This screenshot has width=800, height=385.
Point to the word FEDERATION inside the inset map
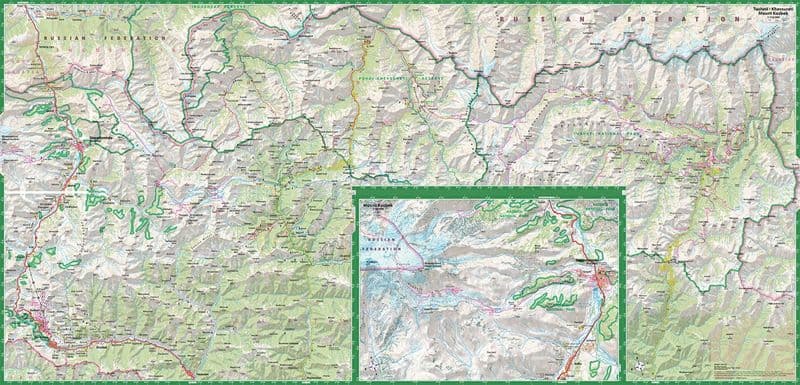(381, 275)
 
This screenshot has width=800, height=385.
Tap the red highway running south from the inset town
(578, 340)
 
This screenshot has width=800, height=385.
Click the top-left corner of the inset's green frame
(357, 190)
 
